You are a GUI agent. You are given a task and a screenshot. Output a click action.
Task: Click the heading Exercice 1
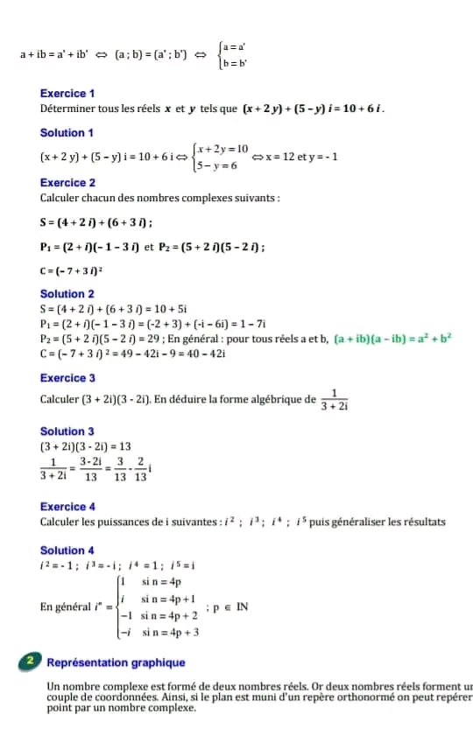pyautogui.click(x=67, y=93)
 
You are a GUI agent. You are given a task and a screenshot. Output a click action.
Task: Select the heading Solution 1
pyautogui.click(x=67, y=133)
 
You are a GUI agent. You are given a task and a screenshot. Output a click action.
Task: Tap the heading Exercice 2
pyautogui.click(x=67, y=183)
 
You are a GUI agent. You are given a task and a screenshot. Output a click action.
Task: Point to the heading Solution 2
pyautogui.click(x=67, y=294)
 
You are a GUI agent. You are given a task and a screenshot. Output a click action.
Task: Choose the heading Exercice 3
pyautogui.click(x=67, y=378)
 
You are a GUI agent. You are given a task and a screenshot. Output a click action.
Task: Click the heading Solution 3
pyautogui.click(x=67, y=431)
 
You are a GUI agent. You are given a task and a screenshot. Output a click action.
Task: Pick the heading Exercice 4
pyautogui.click(x=67, y=507)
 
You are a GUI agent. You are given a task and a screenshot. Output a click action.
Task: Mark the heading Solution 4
pyautogui.click(x=67, y=550)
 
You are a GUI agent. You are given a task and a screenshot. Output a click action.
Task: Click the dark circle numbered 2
pyautogui.click(x=30, y=662)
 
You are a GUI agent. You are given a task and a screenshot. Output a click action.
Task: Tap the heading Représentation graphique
pyautogui.click(x=116, y=663)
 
